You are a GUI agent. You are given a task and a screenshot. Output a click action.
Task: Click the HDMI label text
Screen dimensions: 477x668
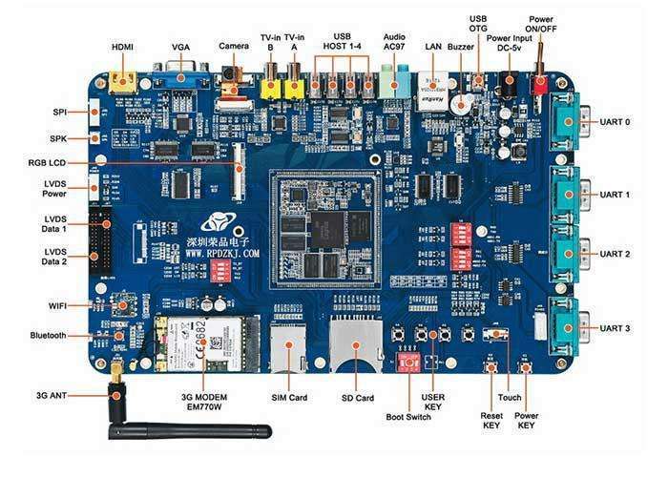point(122,46)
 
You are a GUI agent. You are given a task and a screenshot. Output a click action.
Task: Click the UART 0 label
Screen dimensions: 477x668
point(615,122)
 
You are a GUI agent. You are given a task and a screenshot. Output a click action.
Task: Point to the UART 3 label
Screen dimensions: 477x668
point(615,329)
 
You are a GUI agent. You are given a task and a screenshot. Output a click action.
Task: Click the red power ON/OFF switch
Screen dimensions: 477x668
point(540,85)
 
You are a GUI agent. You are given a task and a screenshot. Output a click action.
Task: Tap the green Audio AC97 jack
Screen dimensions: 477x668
point(392,81)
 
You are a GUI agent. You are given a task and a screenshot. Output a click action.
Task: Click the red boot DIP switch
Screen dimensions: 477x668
point(410,363)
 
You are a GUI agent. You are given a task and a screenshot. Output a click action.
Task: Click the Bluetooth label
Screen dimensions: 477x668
point(48,336)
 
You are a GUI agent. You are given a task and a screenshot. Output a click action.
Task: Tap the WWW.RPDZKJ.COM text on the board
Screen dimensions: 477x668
point(222,255)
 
